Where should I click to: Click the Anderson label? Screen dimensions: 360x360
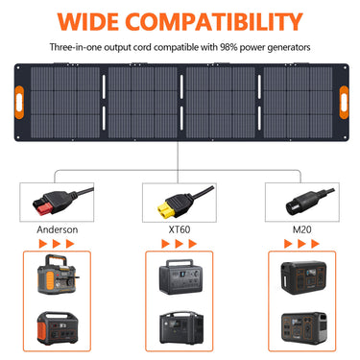pyautogui.click(x=59, y=230)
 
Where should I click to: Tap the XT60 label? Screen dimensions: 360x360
pyautogui.click(x=180, y=230)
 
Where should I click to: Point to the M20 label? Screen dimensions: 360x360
pyautogui.click(x=301, y=230)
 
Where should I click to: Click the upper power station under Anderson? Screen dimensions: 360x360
pyautogui.click(x=59, y=278)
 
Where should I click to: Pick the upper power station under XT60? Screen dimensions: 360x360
pyautogui.click(x=180, y=278)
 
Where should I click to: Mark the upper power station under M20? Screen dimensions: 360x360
pyautogui.click(x=301, y=276)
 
